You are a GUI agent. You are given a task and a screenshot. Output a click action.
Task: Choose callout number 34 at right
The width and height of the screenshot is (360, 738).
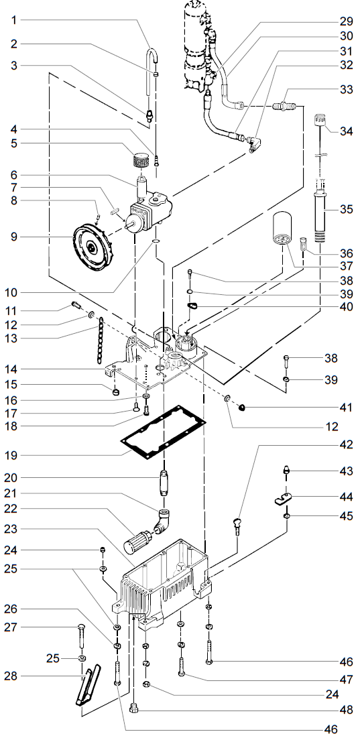coord(346,131)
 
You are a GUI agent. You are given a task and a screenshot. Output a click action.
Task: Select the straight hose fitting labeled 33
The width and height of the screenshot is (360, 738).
coord(286,105)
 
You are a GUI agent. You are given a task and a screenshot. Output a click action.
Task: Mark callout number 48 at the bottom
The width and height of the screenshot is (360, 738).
coord(346,709)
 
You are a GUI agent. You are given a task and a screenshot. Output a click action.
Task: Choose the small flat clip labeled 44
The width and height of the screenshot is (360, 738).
coord(286,499)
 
